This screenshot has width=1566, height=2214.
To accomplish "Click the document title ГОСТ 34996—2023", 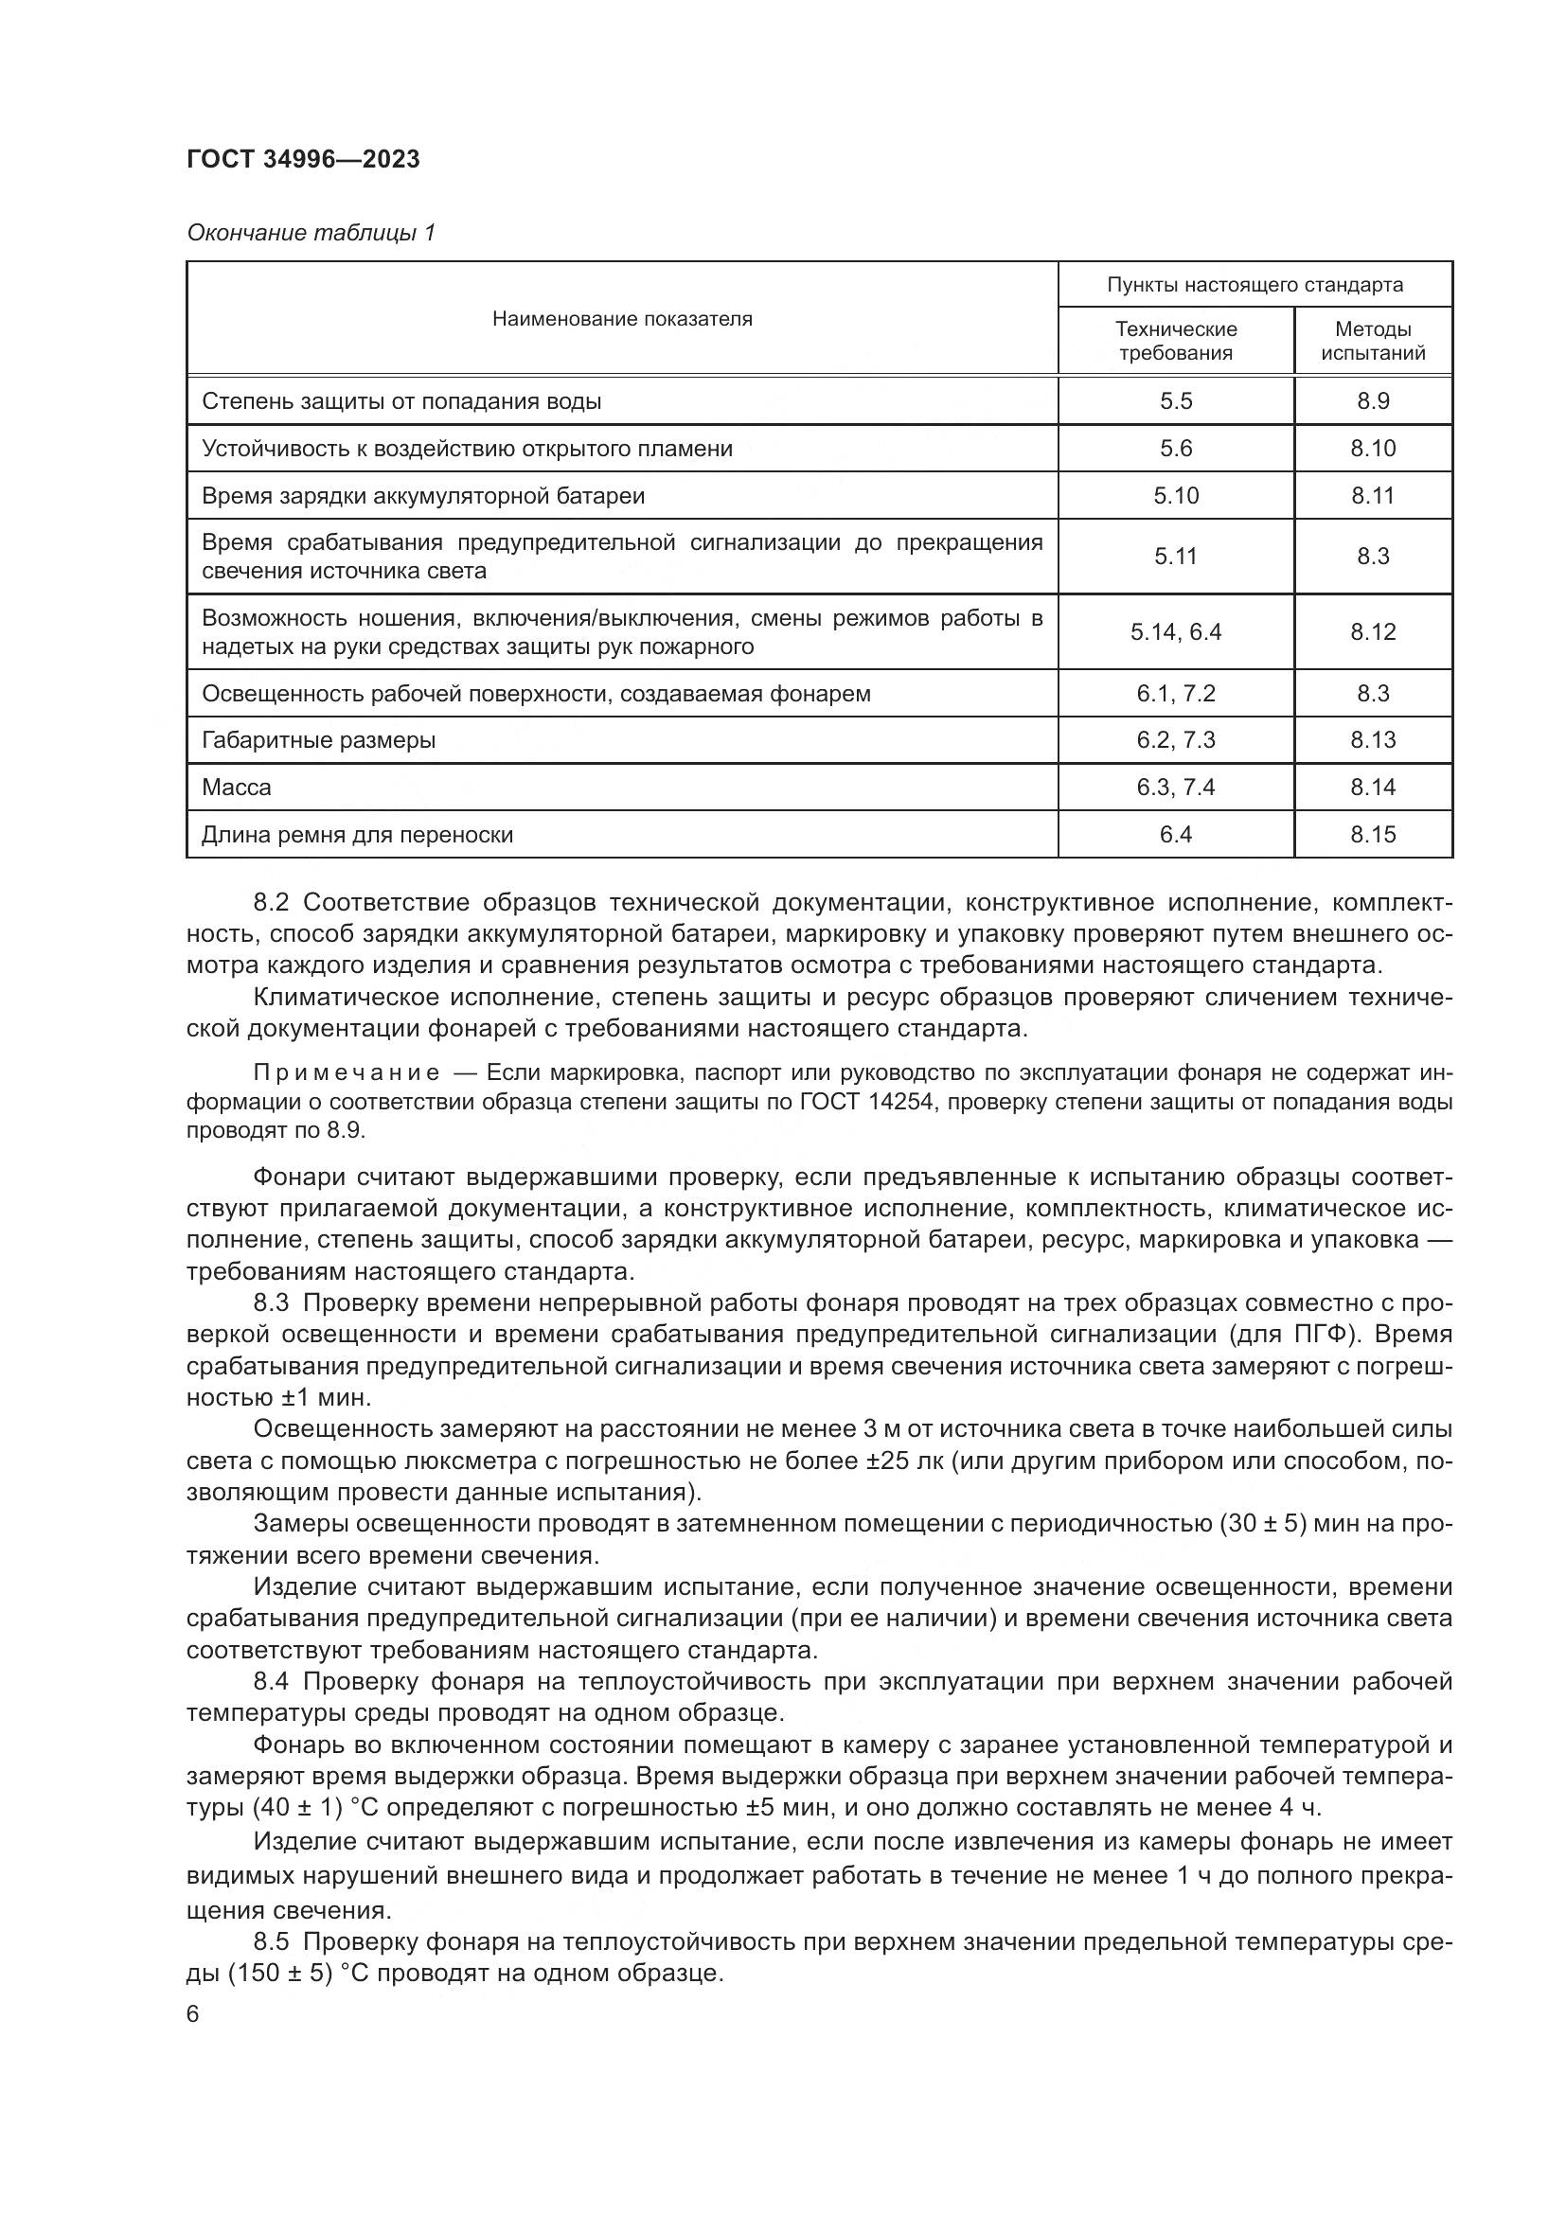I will coord(303,160).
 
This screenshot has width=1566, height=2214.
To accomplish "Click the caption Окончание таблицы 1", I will coord(311,233).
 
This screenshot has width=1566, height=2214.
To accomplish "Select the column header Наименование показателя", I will coord(622,319).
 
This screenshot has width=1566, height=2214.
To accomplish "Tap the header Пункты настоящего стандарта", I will coord(1255,286).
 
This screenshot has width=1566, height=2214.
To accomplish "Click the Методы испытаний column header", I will coord(1372,342).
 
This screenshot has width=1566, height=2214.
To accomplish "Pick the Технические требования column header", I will coord(1176,342).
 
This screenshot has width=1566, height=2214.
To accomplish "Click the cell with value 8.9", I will coord(1372,401).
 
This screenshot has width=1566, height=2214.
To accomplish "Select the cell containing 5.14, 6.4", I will coord(1176,632).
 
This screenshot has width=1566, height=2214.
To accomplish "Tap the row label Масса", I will coord(237,788).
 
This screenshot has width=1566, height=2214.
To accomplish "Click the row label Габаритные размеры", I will coord(318,740).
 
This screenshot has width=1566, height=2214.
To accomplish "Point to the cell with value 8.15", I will coord(1372,835).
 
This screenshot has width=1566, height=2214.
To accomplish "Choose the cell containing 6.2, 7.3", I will coord(1176,740).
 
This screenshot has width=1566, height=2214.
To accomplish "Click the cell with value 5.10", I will coord(1176,496).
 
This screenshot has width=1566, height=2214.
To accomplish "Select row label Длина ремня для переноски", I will coord(357,835).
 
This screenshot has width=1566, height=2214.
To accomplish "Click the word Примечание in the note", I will coord(347,1073).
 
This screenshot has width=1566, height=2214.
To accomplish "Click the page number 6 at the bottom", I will coord(193,2014).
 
